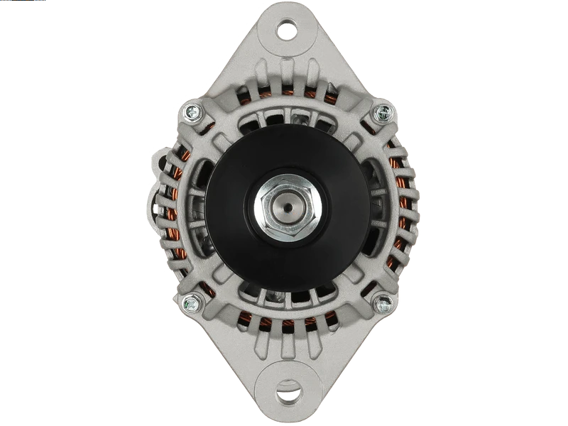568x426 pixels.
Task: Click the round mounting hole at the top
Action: click(x=287, y=29)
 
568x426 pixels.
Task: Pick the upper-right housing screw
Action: click(x=383, y=111)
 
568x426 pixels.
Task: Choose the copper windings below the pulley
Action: click(x=287, y=325)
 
